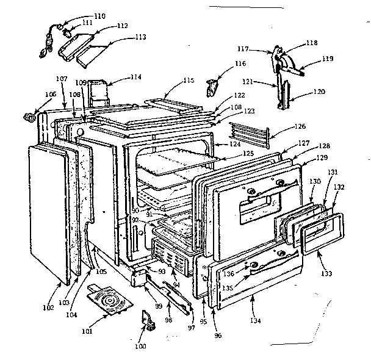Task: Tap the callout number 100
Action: click(x=140, y=346)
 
